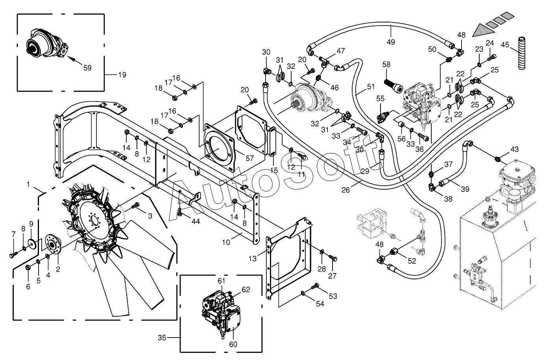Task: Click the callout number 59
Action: point(87,68)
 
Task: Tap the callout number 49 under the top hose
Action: point(391,42)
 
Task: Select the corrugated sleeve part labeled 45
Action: point(521,53)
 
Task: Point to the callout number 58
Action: point(386,64)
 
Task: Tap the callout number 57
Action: point(249,158)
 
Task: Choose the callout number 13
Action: point(253,258)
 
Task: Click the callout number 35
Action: point(162,338)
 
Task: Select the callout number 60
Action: point(233,344)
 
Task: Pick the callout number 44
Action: point(196,221)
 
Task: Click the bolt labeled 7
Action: point(13,255)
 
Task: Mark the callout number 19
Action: point(122,75)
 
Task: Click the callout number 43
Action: point(514,149)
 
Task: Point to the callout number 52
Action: point(412,261)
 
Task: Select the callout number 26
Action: point(345,190)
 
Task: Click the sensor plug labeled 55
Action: point(382,116)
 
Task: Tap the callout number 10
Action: point(226,242)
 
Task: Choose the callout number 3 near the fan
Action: point(150,216)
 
